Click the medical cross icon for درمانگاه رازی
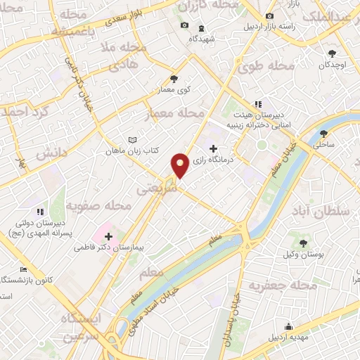pos(213,148)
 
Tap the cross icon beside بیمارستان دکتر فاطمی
pos(108,236)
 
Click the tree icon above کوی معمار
pos(174,79)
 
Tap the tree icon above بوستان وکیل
pos(303,243)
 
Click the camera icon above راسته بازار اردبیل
pos(269,15)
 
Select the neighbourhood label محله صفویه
pos(98,205)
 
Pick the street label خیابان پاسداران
pos(230,321)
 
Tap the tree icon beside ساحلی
pos(323,134)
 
